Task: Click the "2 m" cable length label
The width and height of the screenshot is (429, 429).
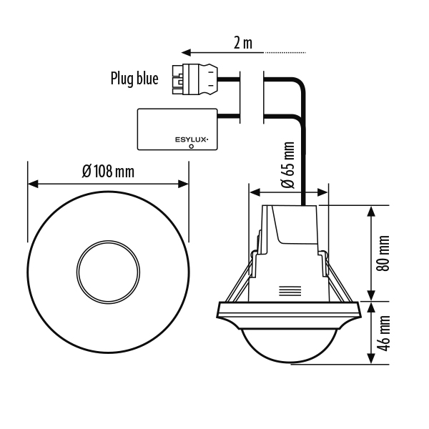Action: pos(243,43)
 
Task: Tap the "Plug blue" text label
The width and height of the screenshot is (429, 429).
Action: pos(134,79)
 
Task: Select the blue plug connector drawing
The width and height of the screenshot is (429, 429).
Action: pos(195,79)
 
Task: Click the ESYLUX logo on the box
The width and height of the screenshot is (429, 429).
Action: pos(192,140)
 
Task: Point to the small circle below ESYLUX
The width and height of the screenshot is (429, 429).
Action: pos(191,147)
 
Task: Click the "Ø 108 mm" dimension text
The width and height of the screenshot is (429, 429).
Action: pos(108,172)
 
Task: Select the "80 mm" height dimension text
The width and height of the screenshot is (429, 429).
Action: pos(383,253)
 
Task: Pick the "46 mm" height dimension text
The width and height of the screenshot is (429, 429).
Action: pos(383,333)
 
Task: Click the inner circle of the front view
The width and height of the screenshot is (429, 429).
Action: pos(108,241)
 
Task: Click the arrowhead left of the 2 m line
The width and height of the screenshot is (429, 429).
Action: pos(186,52)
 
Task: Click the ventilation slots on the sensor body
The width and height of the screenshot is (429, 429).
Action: pos(290,291)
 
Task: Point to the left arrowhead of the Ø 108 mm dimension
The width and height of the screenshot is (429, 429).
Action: pos(33,184)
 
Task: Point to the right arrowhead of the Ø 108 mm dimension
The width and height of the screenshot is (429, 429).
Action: pos(183,184)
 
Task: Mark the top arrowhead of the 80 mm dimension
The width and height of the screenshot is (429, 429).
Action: pos(371,211)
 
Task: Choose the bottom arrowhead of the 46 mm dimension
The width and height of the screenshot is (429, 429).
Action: pos(371,358)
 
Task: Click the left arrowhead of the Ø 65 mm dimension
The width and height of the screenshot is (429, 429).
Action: pos(255,192)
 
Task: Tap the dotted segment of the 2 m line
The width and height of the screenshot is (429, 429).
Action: pos(285,52)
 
